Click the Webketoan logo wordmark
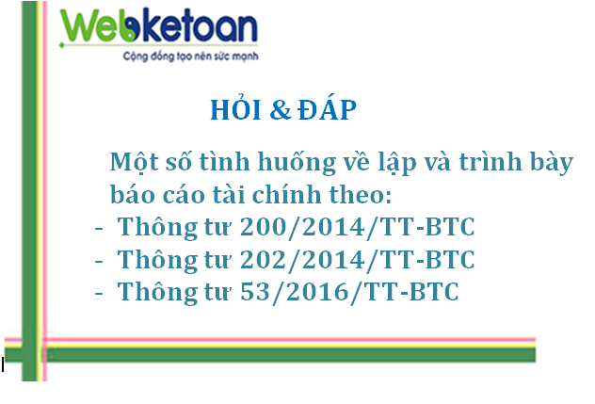click(x=159, y=26)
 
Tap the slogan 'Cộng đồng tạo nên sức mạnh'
click(x=190, y=57)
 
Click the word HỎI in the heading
click(x=235, y=108)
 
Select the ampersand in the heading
click(x=280, y=110)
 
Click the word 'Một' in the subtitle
click(x=135, y=162)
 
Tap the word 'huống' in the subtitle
click(x=297, y=162)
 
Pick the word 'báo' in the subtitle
click(x=133, y=193)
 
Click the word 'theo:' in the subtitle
click(x=361, y=194)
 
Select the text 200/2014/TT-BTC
click(x=358, y=227)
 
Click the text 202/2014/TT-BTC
click(x=358, y=260)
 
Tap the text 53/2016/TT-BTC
click(x=349, y=292)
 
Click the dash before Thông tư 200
click(x=99, y=229)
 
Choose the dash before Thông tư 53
click(x=99, y=294)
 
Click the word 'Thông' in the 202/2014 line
click(x=157, y=261)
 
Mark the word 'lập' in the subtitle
click(x=397, y=163)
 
